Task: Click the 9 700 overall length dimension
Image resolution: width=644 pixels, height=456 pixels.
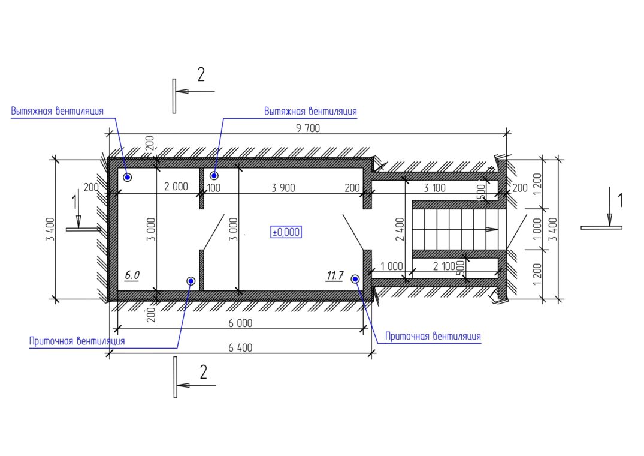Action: click(308, 128)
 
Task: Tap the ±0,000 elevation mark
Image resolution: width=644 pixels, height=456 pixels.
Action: click(286, 232)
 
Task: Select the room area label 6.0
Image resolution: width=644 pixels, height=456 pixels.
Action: click(132, 275)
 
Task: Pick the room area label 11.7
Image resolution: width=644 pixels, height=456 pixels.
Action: click(335, 275)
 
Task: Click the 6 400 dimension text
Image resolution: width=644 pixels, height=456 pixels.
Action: click(240, 348)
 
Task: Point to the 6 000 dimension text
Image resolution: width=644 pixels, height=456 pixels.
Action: click(240, 323)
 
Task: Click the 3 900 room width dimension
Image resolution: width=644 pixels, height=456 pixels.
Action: click(283, 187)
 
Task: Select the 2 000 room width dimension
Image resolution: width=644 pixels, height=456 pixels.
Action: click(176, 186)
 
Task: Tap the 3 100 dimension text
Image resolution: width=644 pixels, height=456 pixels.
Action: click(434, 188)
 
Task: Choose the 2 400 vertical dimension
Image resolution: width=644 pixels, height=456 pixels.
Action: click(400, 229)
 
